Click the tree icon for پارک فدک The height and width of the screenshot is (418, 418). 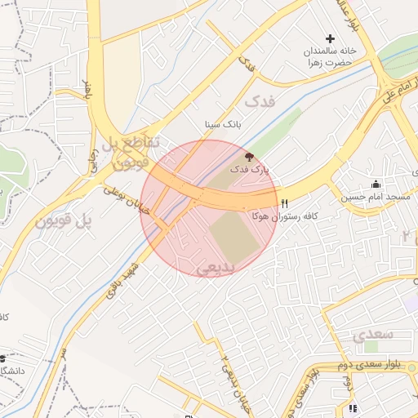249,156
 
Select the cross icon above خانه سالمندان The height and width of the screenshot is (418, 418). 330,38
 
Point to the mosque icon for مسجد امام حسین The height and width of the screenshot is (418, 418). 375,184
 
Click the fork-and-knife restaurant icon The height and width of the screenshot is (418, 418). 284,203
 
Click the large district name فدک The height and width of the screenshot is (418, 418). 260,102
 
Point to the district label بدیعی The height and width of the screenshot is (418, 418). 216,267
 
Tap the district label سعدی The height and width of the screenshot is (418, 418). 374,335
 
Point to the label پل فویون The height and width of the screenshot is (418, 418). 61,221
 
